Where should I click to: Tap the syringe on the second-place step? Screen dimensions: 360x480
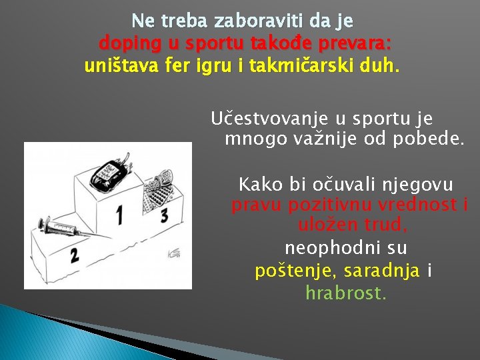[63, 227]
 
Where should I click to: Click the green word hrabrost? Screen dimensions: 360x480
[346, 293]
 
